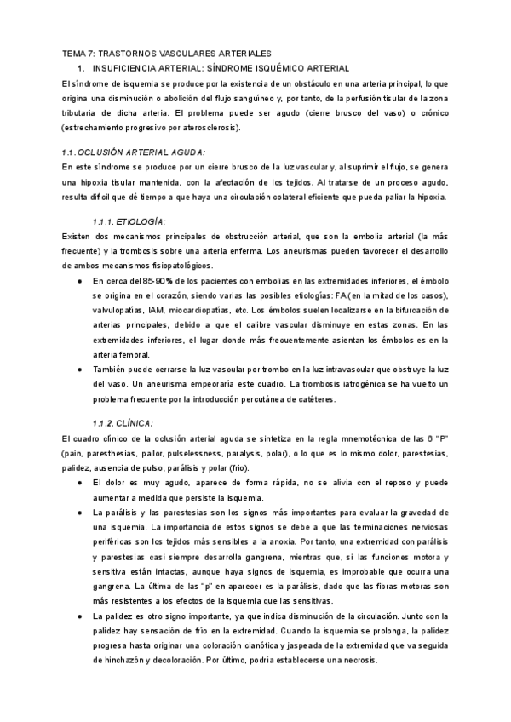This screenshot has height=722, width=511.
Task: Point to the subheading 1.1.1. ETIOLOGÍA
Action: click(x=129, y=221)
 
